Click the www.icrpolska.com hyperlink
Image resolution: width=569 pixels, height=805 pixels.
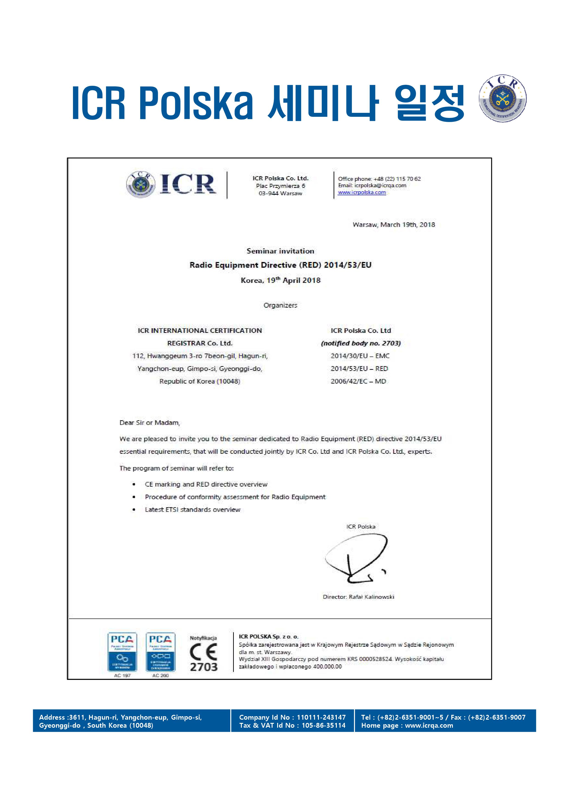[x=362, y=192]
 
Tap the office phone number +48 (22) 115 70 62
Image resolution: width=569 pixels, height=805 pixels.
[x=397, y=179]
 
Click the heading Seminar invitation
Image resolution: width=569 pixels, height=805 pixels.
[x=280, y=251]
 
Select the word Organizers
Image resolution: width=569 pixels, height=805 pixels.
[x=280, y=305]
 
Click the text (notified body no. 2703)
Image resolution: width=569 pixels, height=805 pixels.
[x=361, y=343]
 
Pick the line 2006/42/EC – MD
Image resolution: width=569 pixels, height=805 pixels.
[x=358, y=382]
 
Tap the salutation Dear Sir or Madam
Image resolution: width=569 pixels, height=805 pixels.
[x=150, y=423]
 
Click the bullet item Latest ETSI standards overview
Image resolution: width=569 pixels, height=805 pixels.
[x=192, y=510]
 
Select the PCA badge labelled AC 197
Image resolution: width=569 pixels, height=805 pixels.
[x=122, y=652]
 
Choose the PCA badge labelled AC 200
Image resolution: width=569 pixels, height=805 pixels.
[x=160, y=652]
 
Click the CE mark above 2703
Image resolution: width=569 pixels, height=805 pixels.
[x=203, y=652]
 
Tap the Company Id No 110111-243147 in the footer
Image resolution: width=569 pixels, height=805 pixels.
[x=321, y=717]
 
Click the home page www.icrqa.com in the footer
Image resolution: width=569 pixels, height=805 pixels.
[x=429, y=725]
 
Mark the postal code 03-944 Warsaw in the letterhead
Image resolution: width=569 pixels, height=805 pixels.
[x=280, y=193]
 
